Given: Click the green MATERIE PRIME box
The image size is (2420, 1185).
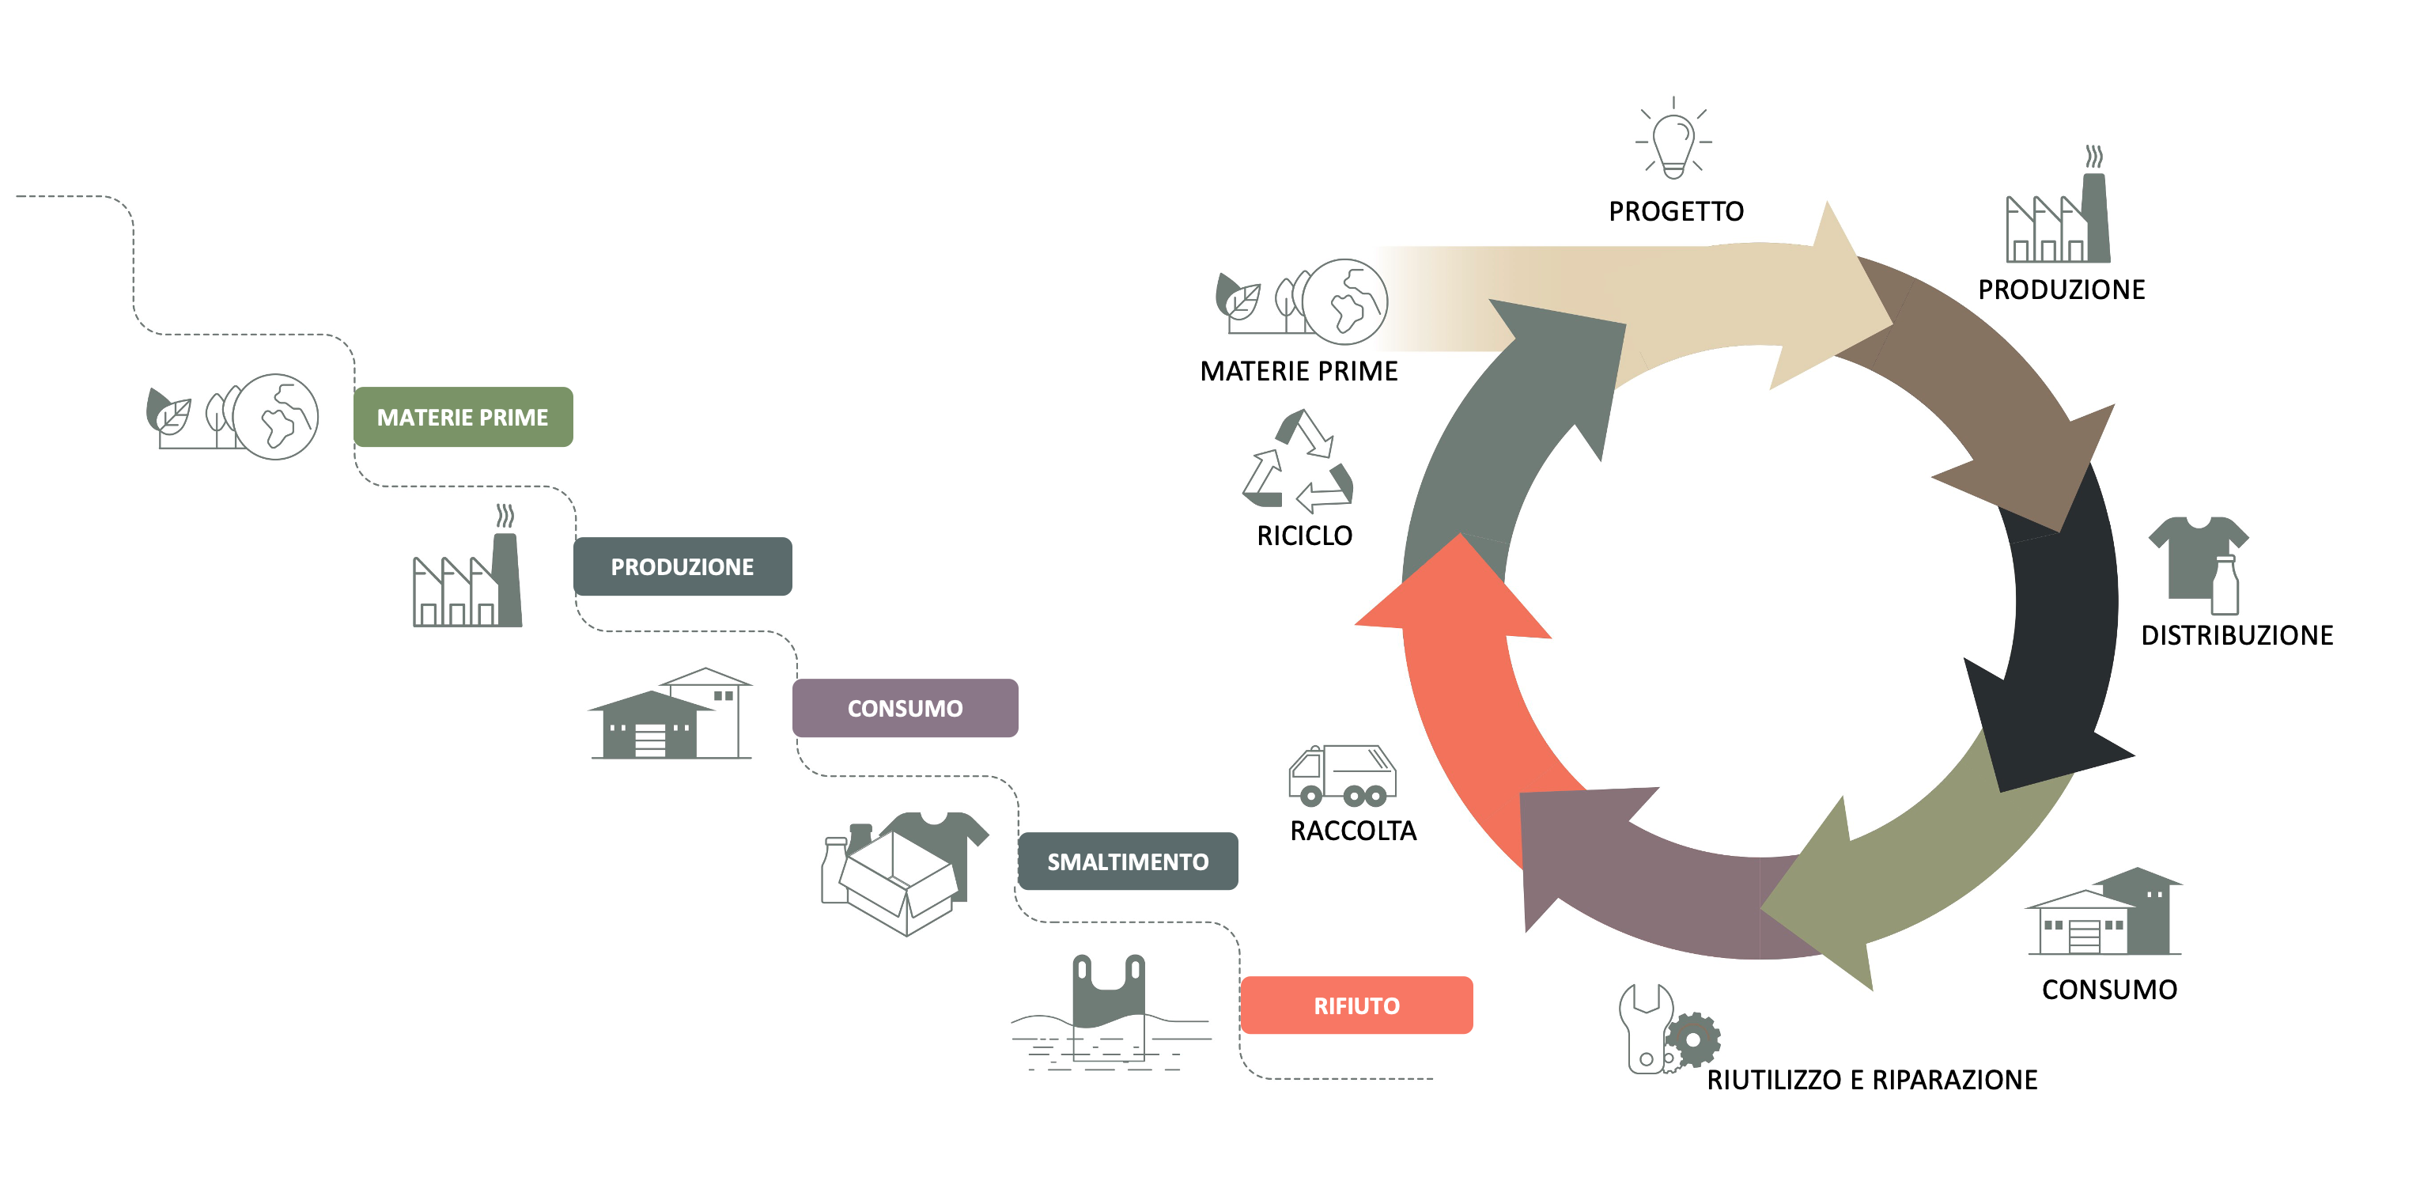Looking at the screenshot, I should click(x=462, y=416).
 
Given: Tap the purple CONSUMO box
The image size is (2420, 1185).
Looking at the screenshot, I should click(x=904, y=708).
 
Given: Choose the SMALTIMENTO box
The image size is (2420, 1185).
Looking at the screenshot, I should click(x=1127, y=861).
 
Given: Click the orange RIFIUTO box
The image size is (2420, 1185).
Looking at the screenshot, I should click(x=1356, y=1005).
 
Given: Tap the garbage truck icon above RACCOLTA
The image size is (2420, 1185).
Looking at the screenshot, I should click(x=1341, y=775).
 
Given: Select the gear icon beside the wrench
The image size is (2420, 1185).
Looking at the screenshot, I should click(x=1693, y=1039).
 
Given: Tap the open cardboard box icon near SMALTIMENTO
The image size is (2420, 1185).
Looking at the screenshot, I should click(x=897, y=884).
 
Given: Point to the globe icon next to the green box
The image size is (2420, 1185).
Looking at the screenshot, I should click(x=276, y=416).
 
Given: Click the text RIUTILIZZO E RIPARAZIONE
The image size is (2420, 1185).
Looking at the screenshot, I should click(x=1871, y=1080).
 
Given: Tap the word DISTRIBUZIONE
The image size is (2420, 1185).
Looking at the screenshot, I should click(x=2236, y=635).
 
